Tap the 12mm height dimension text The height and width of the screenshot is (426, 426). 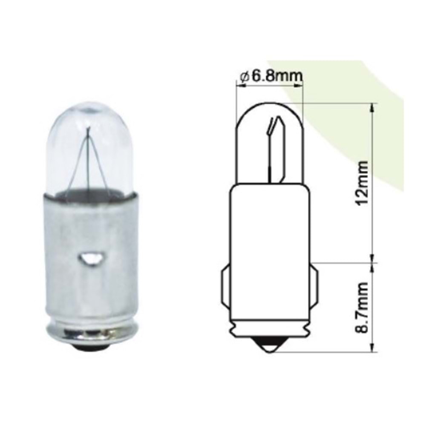[362, 183]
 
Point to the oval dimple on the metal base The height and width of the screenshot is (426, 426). [91, 258]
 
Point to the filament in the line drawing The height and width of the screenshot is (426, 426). [273, 145]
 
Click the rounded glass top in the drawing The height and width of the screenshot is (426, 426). [269, 115]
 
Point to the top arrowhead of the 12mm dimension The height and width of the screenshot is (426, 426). [374, 106]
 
